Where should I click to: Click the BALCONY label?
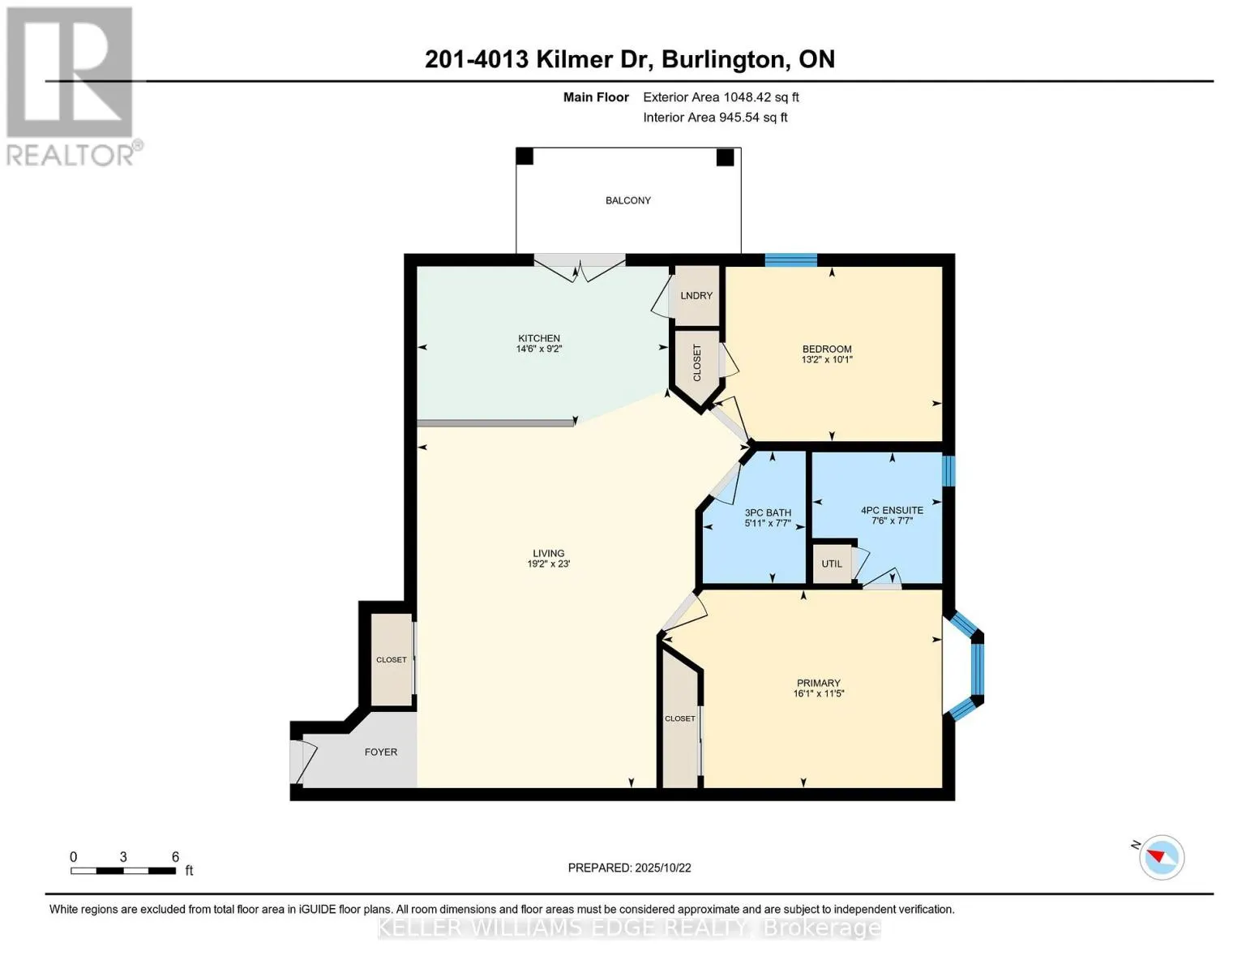[x=627, y=200]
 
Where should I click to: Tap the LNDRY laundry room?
[x=696, y=296]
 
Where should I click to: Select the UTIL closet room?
[x=832, y=564]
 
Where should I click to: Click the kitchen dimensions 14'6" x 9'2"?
[x=539, y=349]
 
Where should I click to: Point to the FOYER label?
[x=380, y=752]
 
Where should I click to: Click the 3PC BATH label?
[x=768, y=512]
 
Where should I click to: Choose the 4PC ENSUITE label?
[x=892, y=510]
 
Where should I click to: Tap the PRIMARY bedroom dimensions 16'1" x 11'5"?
[x=819, y=694]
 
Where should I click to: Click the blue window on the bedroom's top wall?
[x=790, y=260]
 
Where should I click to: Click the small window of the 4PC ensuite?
[x=949, y=471]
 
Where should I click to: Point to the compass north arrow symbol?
[x=1161, y=857]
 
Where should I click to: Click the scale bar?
[x=123, y=871]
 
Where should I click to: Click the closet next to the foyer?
[x=392, y=660]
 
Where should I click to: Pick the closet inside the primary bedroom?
[x=680, y=719]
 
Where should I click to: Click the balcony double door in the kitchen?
[x=579, y=268]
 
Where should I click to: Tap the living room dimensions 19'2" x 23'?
[x=548, y=564]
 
